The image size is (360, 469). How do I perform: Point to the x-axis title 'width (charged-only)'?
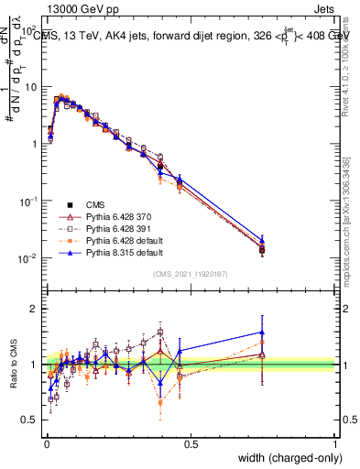point(286,459)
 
